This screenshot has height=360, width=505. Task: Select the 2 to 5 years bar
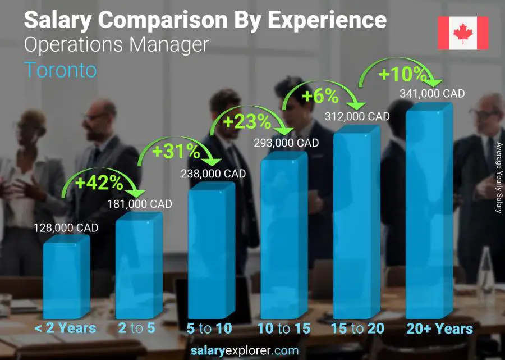coord(139,268)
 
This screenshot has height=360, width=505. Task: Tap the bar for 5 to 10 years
coord(211,253)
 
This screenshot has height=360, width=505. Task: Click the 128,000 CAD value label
coord(65,227)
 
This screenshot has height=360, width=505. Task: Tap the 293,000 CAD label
coord(286,143)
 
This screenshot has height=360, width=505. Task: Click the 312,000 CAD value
coord(357,116)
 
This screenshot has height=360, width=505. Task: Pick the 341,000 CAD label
coord(432,94)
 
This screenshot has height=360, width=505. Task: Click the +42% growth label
coord(99,183)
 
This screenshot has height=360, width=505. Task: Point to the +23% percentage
coord(247,121)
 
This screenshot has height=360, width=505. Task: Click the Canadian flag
coord(463,33)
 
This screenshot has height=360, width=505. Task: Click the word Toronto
coord(61,70)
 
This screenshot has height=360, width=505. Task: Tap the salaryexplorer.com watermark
coord(252,351)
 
